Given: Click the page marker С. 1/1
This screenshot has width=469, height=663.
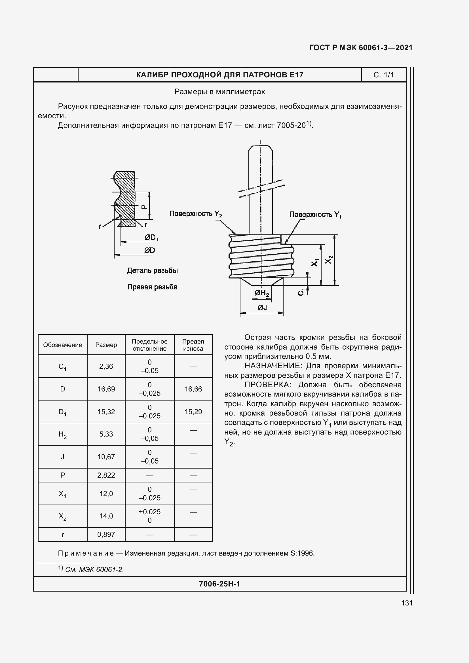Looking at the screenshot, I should (384, 75).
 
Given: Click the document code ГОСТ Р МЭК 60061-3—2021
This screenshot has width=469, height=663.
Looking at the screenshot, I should (361, 48).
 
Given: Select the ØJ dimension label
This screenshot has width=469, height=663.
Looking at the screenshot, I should (262, 308).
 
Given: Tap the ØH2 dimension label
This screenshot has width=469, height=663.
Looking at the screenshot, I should (262, 293).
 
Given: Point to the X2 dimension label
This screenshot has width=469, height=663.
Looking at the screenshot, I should (329, 259).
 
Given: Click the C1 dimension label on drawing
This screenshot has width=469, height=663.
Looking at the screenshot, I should (301, 292).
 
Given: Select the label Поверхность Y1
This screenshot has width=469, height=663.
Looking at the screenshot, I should (315, 215).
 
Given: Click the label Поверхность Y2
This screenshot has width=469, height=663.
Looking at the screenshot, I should (196, 214).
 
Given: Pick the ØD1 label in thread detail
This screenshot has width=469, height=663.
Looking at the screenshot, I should (152, 237).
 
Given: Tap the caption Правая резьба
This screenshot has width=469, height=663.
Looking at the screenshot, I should (152, 287).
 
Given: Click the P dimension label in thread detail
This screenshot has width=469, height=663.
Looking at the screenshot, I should (144, 207).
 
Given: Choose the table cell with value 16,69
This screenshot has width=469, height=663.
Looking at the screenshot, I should (106, 389).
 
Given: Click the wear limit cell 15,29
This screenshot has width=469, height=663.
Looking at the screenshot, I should (193, 412).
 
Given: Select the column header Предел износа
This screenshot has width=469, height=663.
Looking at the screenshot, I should (193, 345).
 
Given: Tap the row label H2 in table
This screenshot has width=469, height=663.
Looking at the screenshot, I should (62, 434).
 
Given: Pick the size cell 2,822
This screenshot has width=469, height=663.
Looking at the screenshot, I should (106, 475).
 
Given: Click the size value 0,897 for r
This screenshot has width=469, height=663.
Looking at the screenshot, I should (106, 535).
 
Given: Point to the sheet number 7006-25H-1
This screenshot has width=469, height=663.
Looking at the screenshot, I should (219, 584).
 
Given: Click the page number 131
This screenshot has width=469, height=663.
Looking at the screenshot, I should (407, 603).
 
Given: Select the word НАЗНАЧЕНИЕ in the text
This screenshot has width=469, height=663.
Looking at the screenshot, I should (272, 366).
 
